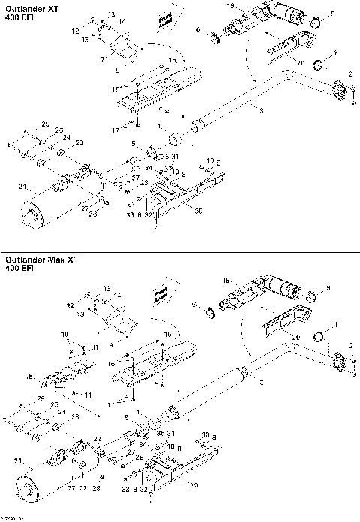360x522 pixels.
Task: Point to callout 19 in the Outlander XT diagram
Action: tap(230, 6)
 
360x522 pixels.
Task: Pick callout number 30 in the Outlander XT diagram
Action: tap(198, 211)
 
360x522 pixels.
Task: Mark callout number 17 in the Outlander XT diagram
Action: tap(115, 130)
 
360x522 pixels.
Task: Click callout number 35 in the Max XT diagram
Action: tap(160, 433)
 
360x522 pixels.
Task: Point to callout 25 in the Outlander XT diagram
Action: tap(45, 123)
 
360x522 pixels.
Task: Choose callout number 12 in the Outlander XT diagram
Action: tap(75, 30)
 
